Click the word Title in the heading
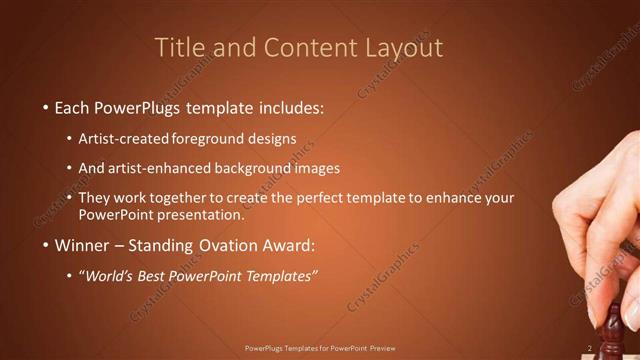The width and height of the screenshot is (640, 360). pos(184,48)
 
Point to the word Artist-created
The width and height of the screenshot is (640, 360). pos(123,139)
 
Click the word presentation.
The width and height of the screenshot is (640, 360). pos(206,214)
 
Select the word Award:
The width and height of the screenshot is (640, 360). pos(290,245)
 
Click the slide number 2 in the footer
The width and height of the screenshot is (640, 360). pos(590,348)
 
